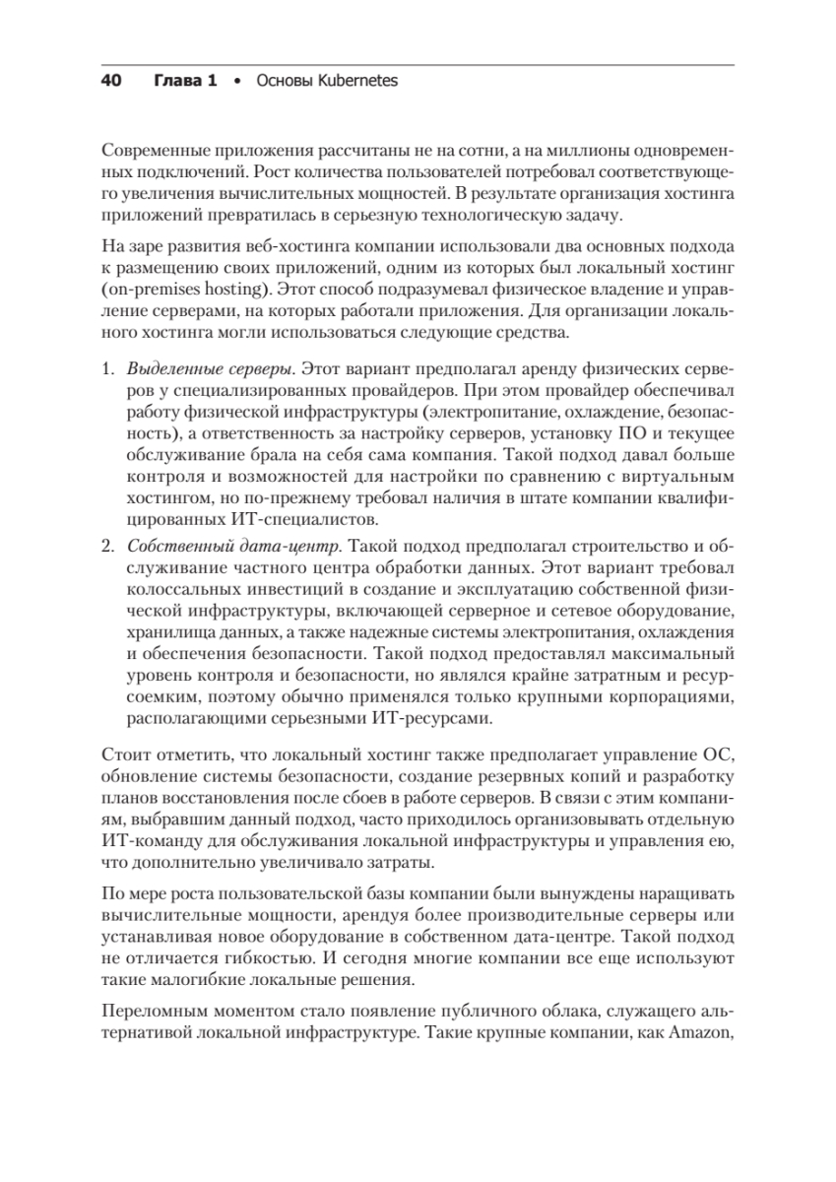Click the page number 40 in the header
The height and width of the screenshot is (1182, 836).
coord(110,82)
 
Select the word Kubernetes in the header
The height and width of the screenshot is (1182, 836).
coord(355,82)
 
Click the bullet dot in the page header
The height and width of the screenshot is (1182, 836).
coord(234,82)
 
